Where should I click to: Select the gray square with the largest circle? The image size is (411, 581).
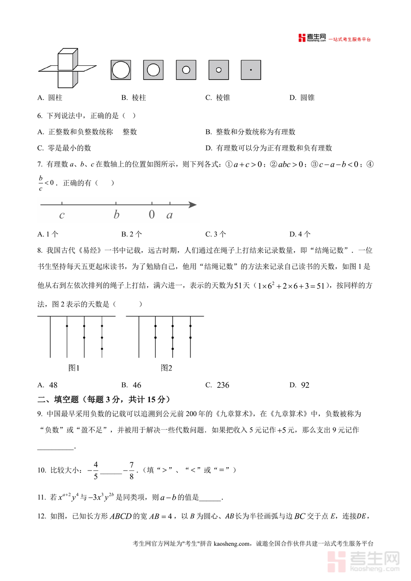pyautogui.click(x=121, y=70)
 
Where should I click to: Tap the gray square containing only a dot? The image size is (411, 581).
pyautogui.click(x=251, y=70)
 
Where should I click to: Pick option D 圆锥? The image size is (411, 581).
pyautogui.click(x=302, y=98)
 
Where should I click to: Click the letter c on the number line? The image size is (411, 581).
pyautogui.click(x=62, y=215)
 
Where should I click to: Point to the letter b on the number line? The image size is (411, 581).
pyautogui.click(x=116, y=215)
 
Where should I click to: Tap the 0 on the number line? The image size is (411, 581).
pyautogui.click(x=152, y=215)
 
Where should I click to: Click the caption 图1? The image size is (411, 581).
pyautogui.click(x=74, y=368)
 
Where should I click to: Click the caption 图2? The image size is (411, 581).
pyautogui.click(x=166, y=368)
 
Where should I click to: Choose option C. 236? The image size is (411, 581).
pyautogui.click(x=217, y=385)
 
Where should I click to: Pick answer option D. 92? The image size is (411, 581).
pyautogui.click(x=300, y=385)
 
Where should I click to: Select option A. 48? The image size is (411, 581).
pyautogui.click(x=47, y=385)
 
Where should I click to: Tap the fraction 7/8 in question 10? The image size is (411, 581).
pyautogui.click(x=131, y=470)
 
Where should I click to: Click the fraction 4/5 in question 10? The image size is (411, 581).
pyautogui.click(x=95, y=470)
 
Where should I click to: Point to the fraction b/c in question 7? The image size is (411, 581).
pyautogui.click(x=41, y=183)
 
